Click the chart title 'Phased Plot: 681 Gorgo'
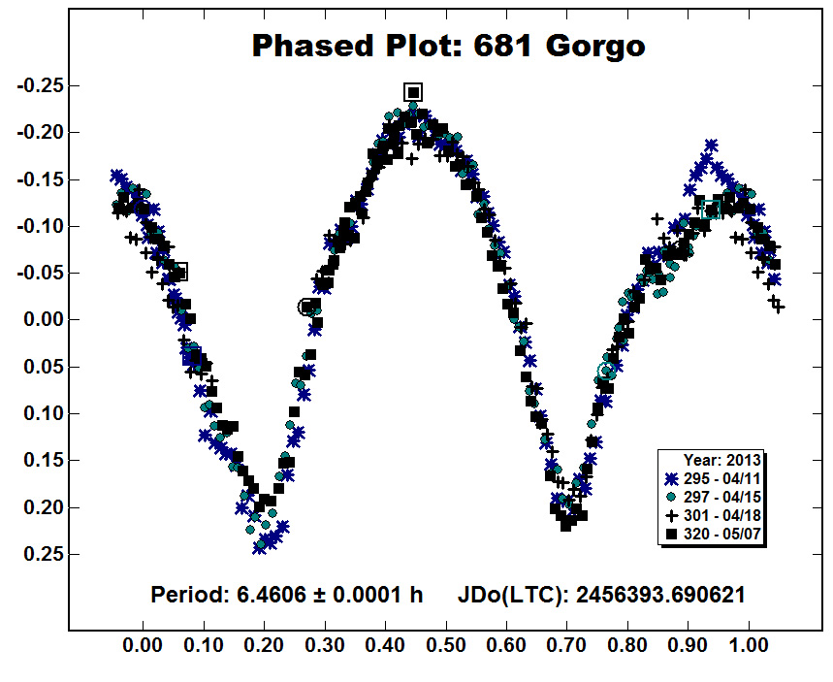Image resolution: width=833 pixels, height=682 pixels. point(448,46)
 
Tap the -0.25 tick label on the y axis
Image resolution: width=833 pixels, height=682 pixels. point(41,85)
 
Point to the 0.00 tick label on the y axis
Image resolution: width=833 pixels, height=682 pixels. point(44,320)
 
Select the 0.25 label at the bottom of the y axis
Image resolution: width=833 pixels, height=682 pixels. point(44,554)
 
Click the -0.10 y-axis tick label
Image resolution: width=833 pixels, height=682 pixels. point(41,226)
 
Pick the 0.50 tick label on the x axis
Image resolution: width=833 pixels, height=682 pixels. point(446,646)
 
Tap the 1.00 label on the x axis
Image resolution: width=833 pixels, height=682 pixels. point(749,646)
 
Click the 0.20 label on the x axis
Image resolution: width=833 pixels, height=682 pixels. point(264,646)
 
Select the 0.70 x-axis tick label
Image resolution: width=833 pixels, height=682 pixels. point(567,646)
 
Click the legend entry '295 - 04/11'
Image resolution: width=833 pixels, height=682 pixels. point(713,479)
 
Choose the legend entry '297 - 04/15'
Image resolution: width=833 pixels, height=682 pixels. point(713,497)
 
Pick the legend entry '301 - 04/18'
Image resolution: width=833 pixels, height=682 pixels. point(713,515)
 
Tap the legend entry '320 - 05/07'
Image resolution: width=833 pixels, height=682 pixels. point(713,534)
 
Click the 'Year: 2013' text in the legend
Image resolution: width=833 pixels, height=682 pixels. point(722,461)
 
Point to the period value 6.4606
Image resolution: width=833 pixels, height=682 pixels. point(272,595)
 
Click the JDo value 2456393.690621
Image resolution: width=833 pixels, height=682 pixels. point(660,595)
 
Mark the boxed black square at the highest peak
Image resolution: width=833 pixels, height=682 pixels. point(413,92)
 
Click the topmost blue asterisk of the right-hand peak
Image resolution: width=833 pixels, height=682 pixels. point(712,146)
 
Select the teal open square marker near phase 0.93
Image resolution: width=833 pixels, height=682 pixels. point(710,210)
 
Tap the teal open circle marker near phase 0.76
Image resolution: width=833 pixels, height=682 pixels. point(606,370)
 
